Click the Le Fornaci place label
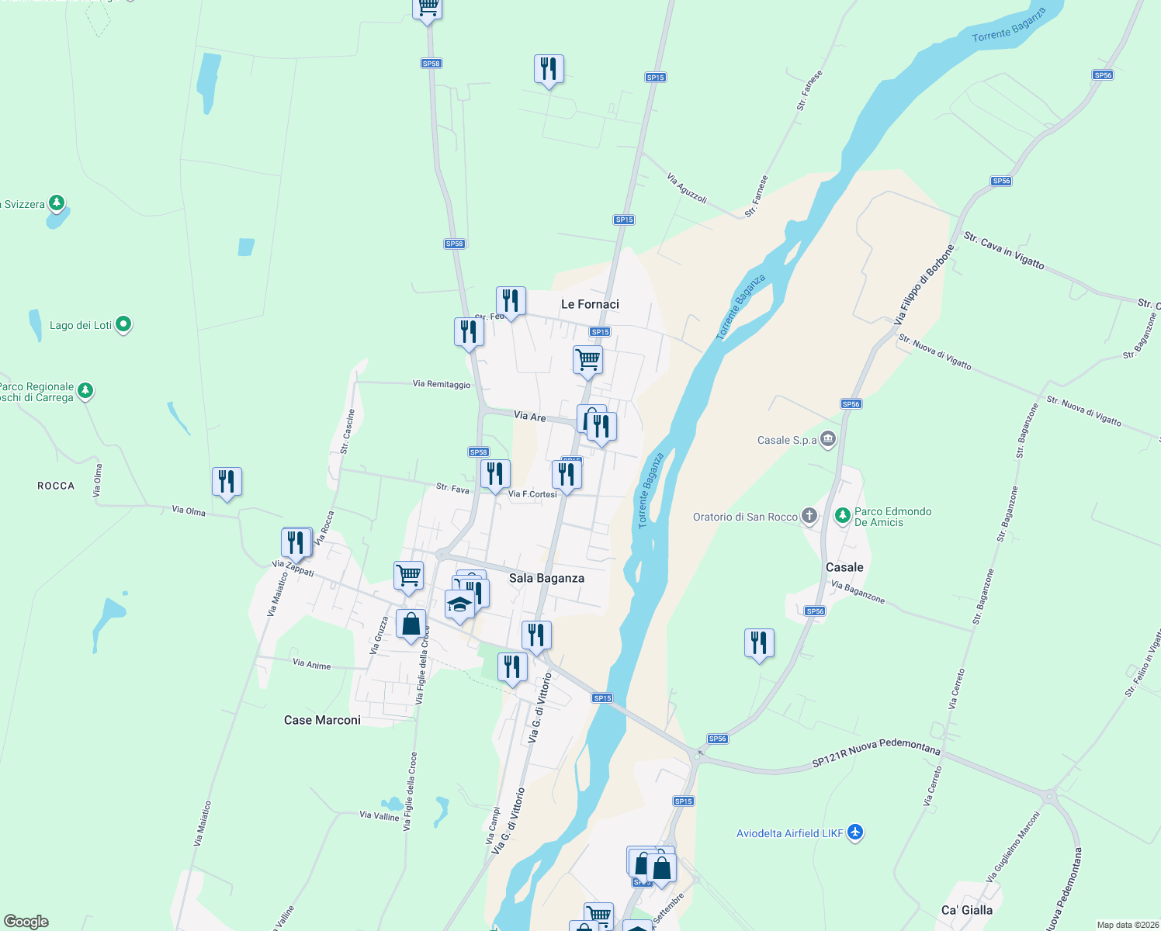(590, 304)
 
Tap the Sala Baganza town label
(546, 578)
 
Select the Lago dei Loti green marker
(123, 324)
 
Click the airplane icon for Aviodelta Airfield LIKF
(855, 832)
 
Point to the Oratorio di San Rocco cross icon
(809, 515)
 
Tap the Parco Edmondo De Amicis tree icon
(842, 515)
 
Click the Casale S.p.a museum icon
(828, 439)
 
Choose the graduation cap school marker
(459, 604)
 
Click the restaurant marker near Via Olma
(227, 482)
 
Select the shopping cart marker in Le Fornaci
(587, 360)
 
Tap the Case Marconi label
(322, 720)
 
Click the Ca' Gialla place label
(966, 910)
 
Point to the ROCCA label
(56, 486)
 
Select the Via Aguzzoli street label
(687, 189)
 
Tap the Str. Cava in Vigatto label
(1003, 250)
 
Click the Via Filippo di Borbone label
(924, 285)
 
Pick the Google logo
(26, 921)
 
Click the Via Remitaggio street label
(442, 384)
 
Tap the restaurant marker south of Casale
(759, 643)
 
